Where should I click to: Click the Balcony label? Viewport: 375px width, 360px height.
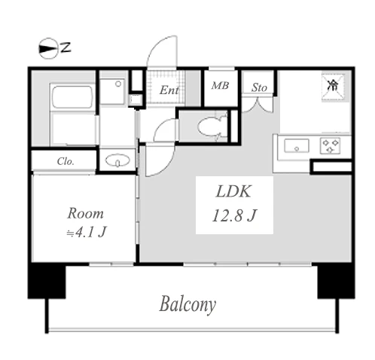click(x=187, y=304)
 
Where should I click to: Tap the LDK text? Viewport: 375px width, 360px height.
click(x=233, y=191)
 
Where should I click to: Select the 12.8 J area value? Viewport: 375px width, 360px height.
click(x=234, y=215)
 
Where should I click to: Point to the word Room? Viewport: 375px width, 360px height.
click(x=85, y=214)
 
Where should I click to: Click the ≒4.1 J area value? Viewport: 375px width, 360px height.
click(x=87, y=232)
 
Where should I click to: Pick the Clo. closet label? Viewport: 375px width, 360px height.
click(x=66, y=161)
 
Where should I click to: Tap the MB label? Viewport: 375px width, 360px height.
click(x=220, y=86)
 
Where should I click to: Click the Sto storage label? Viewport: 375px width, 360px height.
click(x=259, y=87)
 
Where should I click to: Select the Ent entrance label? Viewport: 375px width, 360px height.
click(x=169, y=90)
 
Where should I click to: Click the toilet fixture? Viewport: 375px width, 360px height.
click(x=212, y=127)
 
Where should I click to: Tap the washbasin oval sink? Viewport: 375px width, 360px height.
click(x=117, y=160)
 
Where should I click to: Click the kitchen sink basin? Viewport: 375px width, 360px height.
click(x=297, y=146)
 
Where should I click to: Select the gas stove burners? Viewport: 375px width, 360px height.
click(x=331, y=145)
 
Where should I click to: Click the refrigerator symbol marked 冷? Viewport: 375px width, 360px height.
click(x=334, y=87)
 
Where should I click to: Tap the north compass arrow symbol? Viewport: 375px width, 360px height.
click(x=47, y=48)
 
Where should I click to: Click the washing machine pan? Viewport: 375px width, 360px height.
click(x=112, y=91)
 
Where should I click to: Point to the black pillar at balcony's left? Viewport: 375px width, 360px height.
click(x=47, y=280)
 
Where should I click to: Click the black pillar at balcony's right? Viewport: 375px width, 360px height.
click(x=336, y=280)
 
